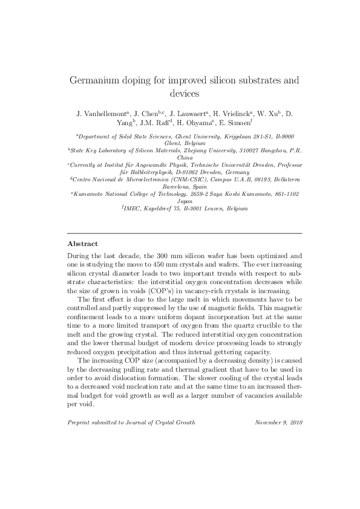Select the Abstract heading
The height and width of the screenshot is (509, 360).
(x=82, y=244)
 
